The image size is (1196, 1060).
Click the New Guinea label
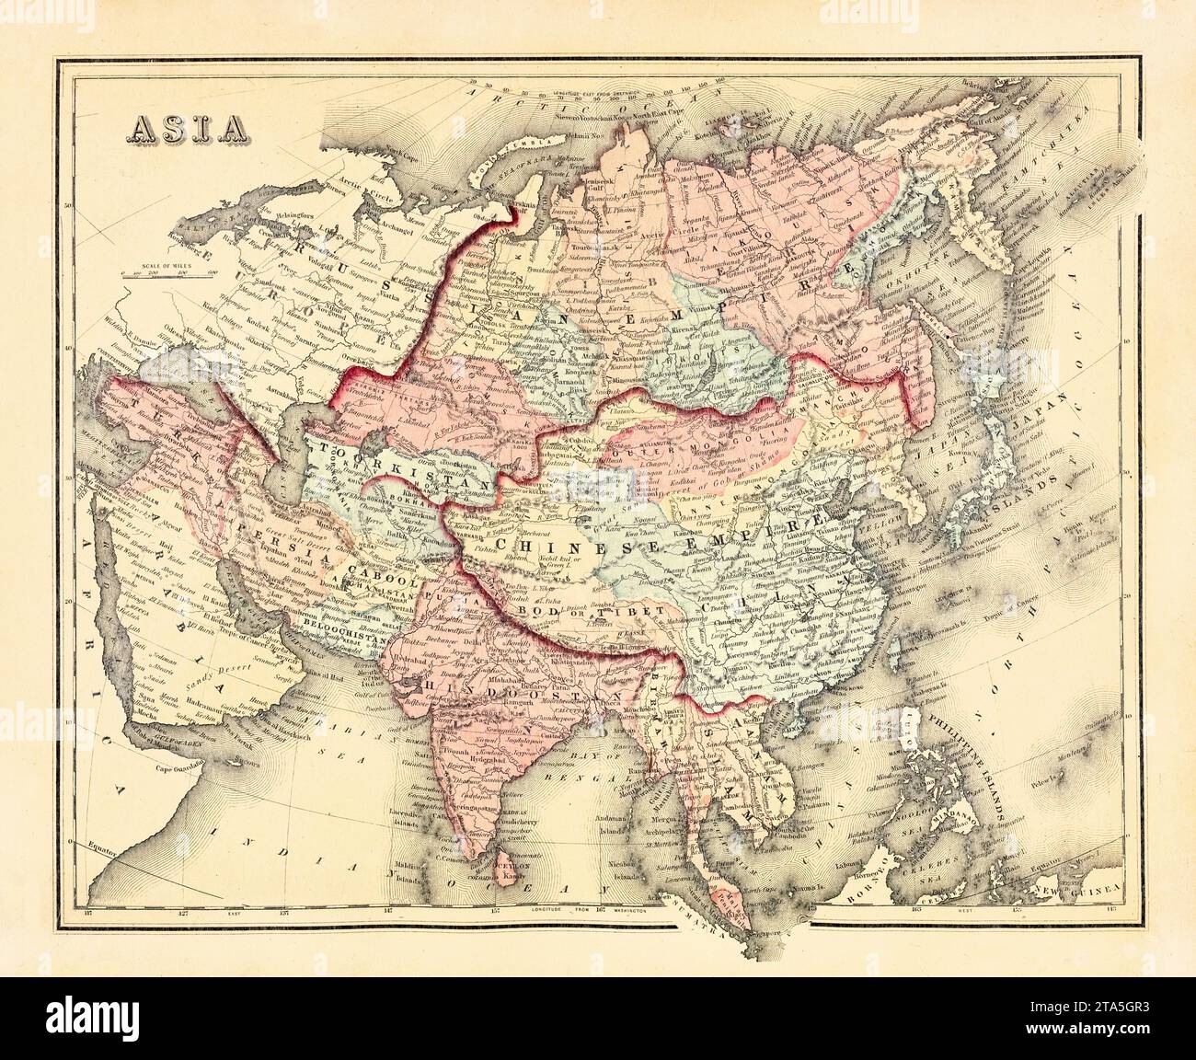point(1086,889)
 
